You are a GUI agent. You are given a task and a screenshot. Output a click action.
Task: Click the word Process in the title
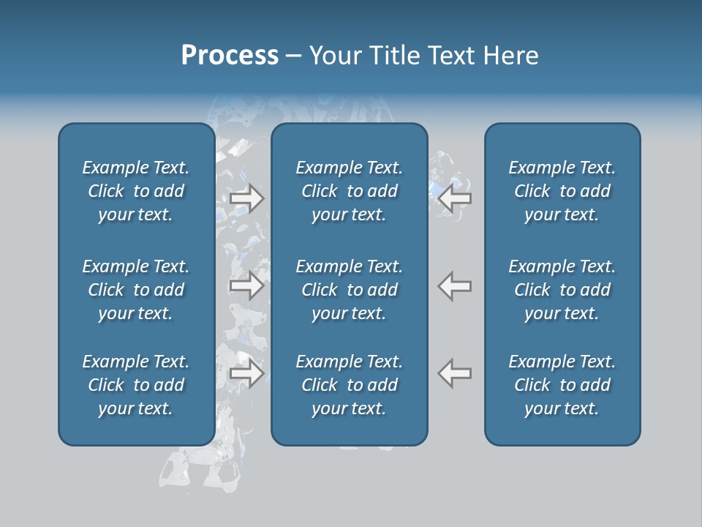point(230,56)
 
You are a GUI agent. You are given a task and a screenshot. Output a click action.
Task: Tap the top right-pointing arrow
point(246,198)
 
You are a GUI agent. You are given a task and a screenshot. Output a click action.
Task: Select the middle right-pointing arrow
point(246,285)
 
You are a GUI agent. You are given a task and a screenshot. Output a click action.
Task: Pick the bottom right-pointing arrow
point(246,373)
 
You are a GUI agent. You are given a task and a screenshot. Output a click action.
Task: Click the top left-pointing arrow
point(455,198)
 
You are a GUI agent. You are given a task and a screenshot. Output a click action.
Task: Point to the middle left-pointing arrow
point(455,285)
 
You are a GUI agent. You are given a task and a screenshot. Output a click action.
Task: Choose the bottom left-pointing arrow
point(455,373)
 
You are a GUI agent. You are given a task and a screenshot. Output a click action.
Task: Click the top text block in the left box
point(136,191)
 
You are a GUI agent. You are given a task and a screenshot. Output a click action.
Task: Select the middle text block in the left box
point(136,290)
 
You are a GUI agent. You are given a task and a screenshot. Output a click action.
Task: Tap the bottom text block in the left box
point(136,385)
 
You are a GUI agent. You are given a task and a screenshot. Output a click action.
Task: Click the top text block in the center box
point(350,191)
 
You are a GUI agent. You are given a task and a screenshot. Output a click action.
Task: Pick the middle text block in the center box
point(350,290)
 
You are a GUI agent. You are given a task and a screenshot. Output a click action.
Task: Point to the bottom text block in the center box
point(350,385)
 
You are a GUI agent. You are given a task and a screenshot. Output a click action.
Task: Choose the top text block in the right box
point(562,191)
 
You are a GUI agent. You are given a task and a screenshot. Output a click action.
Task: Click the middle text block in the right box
point(562,290)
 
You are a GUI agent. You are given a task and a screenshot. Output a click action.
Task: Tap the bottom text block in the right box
point(562,385)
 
